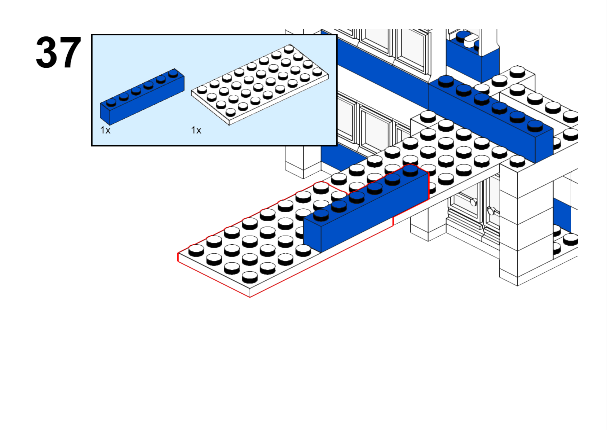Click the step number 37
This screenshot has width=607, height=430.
(x=58, y=52)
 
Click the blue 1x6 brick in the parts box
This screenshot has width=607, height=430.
(x=142, y=97)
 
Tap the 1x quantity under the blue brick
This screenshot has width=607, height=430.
(x=105, y=130)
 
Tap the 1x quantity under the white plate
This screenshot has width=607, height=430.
(x=196, y=130)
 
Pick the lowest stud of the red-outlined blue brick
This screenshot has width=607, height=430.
(x=321, y=214)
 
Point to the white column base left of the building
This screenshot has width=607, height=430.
(x=303, y=166)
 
